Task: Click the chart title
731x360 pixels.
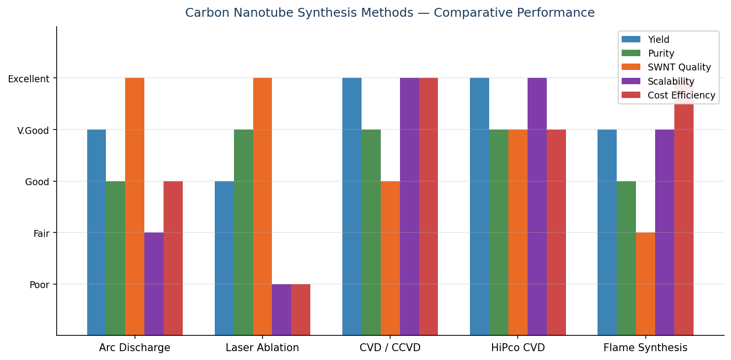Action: tap(390, 13)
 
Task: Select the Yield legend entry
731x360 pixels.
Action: tap(658, 39)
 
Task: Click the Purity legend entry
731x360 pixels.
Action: tap(661, 53)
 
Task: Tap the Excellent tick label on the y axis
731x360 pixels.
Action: tap(29, 79)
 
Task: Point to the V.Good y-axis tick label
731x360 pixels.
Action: tap(33, 130)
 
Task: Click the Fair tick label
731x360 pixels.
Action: tap(41, 233)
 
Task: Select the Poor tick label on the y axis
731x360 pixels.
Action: tap(39, 285)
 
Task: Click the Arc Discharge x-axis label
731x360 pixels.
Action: tap(134, 348)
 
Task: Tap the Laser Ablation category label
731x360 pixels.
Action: tap(262, 348)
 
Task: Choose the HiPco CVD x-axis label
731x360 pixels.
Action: tap(518, 348)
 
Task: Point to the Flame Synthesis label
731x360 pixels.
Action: tap(645, 348)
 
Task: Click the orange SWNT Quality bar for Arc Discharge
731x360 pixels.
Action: tap(134, 207)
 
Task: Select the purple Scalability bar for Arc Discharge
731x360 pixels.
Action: tap(154, 284)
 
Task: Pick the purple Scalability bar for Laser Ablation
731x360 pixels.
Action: tap(281, 310)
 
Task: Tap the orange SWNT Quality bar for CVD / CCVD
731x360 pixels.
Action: tap(390, 258)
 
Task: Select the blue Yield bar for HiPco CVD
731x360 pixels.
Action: tap(479, 207)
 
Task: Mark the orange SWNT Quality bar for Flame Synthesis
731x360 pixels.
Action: tap(645, 284)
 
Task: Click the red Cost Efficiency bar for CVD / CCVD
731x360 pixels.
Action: tap(428, 207)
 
